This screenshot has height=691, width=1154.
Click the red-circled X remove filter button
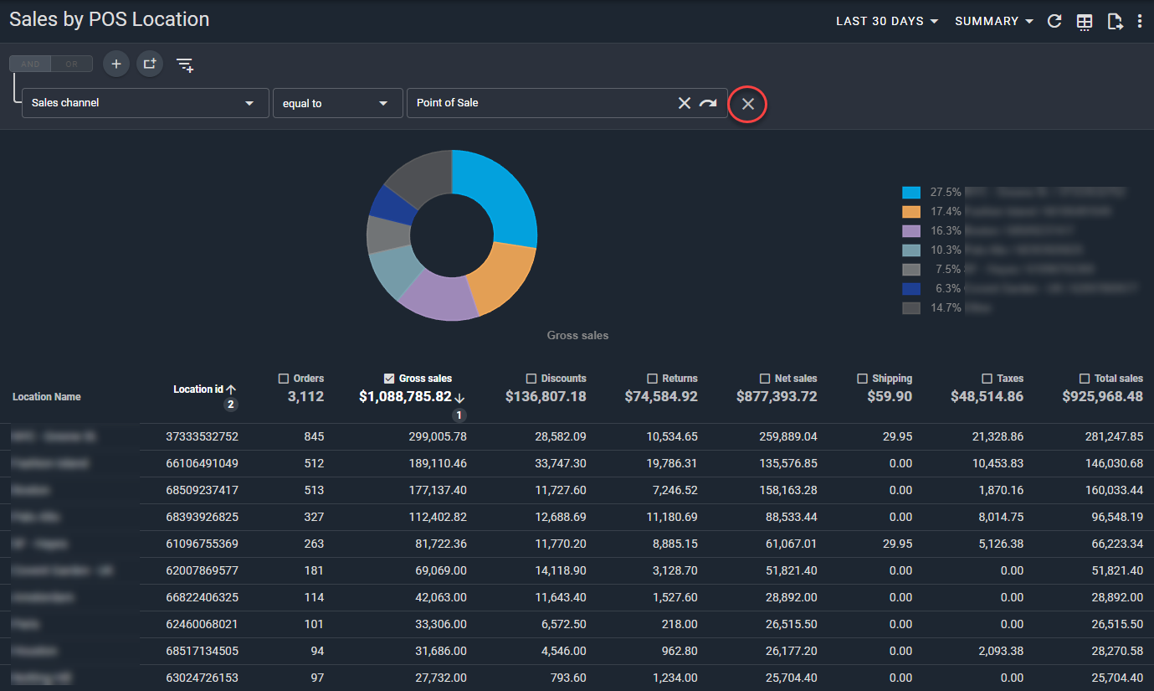(x=748, y=104)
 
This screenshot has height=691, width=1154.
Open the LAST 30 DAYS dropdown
(x=886, y=21)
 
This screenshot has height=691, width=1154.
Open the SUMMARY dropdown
(x=994, y=21)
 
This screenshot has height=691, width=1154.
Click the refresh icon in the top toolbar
(x=1054, y=22)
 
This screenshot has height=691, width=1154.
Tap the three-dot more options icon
(x=1140, y=22)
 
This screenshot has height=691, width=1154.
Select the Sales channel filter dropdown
(x=145, y=103)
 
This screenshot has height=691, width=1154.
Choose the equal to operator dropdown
(x=336, y=103)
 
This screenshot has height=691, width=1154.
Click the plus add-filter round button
(x=116, y=64)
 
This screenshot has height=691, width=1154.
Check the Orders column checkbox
(x=284, y=379)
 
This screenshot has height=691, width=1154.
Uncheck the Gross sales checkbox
(x=389, y=379)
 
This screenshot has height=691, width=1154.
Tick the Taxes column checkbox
(x=987, y=379)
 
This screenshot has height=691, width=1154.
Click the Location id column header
(x=199, y=389)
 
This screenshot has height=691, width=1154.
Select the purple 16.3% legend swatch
(x=911, y=230)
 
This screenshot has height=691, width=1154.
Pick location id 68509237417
(x=202, y=490)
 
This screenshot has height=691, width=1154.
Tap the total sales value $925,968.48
(x=1102, y=397)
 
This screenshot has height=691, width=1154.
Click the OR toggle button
(x=72, y=64)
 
